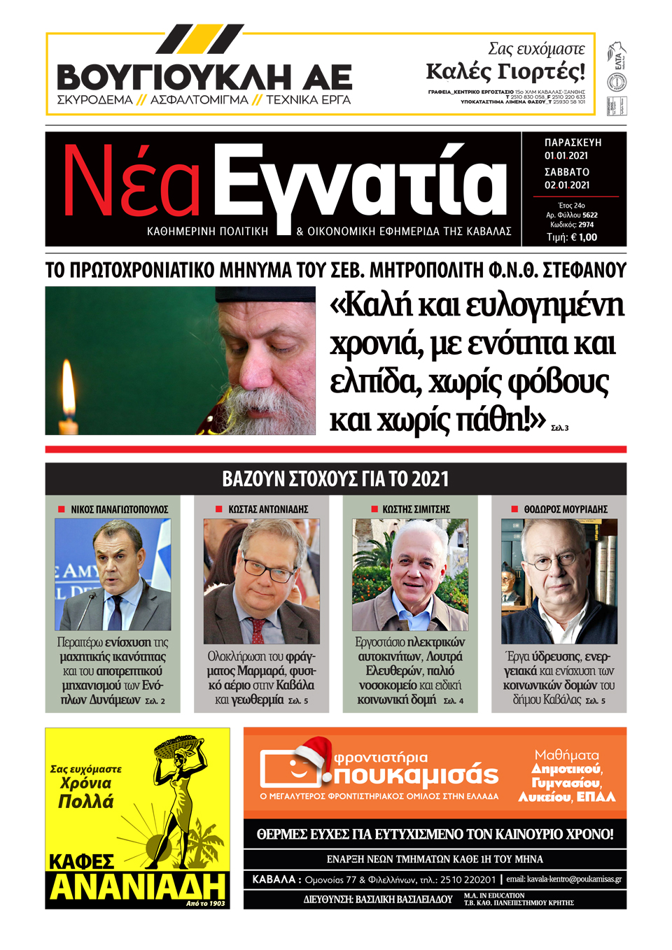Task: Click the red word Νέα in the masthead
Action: click(132, 182)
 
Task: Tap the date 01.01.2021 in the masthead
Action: click(566, 156)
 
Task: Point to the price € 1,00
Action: click(584, 237)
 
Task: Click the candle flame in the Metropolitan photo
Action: click(68, 381)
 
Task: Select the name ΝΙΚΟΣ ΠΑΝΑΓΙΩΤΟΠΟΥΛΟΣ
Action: click(119, 509)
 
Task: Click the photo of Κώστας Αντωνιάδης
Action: click(261, 581)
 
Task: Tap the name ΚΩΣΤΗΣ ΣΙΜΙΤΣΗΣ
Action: click(416, 509)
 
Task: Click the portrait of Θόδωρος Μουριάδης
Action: click(559, 581)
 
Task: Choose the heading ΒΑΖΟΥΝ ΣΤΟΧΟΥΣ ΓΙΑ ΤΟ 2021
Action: click(335, 479)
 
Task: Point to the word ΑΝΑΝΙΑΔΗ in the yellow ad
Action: click(137, 887)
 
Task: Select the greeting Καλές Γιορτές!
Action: click(505, 71)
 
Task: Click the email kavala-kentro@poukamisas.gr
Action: click(563, 879)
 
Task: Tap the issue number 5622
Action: click(589, 215)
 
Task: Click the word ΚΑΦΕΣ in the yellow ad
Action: click(81, 861)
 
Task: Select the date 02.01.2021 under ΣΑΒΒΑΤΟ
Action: click(567, 185)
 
